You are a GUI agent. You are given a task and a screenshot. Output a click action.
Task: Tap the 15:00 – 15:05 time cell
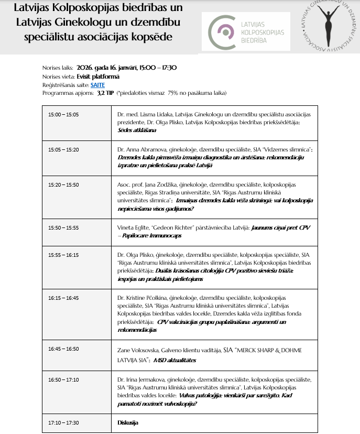[x=63, y=114]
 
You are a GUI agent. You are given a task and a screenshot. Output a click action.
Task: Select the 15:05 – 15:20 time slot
[x=63, y=150]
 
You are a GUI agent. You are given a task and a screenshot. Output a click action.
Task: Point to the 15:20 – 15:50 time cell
[x=63, y=185]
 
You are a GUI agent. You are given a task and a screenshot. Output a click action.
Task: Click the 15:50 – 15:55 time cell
[x=63, y=228]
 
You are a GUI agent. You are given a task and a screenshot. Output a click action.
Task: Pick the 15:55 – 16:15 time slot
[x=63, y=255]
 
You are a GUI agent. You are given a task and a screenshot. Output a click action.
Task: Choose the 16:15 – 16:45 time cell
[x=63, y=298]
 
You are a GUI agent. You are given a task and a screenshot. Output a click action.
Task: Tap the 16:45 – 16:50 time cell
[x=63, y=349]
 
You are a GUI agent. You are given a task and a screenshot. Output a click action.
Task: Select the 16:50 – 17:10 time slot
[x=63, y=379]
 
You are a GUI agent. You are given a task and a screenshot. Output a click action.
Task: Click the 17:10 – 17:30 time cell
[x=63, y=422]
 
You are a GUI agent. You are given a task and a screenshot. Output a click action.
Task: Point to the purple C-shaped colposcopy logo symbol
[x=220, y=32]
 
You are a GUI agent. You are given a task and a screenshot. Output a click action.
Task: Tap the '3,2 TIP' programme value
[x=106, y=93]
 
